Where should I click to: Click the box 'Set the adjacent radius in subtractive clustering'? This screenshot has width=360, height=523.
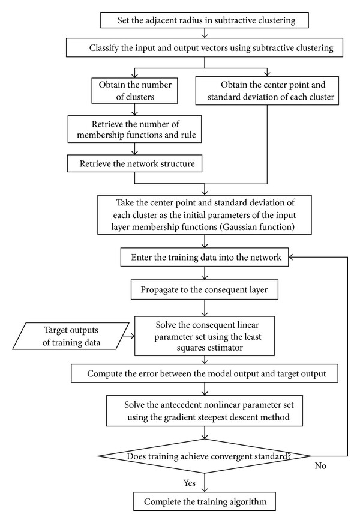pos(205,20)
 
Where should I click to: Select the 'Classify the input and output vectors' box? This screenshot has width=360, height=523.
pos(205,47)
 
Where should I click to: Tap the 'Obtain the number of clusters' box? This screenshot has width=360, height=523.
pos(134,91)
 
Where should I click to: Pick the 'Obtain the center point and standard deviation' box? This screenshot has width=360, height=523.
pos(267,91)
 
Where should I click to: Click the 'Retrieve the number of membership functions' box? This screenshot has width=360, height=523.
pos(134,130)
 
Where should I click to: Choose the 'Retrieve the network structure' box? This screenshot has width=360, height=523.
pos(134,163)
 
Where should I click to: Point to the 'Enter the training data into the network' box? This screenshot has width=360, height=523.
pos(205,257)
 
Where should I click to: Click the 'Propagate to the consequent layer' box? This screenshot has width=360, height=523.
pos(205,289)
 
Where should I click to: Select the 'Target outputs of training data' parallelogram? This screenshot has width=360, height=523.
pos(71,336)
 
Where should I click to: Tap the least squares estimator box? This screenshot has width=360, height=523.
pos(205,336)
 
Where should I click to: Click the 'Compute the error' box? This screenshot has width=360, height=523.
pos(205,373)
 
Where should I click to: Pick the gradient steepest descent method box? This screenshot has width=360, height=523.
pos(205,411)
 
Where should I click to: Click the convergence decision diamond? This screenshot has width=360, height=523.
pos(205,456)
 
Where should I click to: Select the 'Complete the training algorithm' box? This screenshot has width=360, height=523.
pos(205,501)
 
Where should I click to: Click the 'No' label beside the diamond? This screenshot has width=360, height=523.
pos(320,465)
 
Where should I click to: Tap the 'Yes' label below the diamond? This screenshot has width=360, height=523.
pos(190,483)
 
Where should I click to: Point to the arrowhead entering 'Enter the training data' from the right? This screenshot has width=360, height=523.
pos(290,257)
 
